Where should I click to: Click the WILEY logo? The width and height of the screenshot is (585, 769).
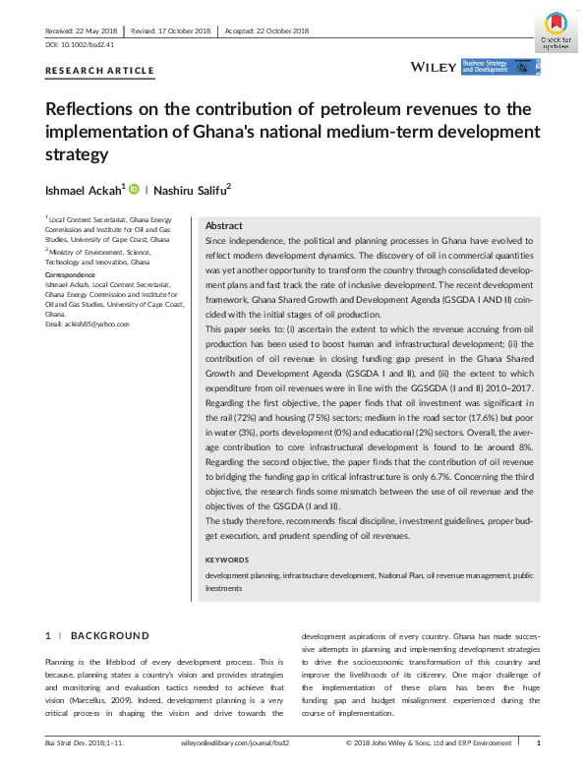point(433,67)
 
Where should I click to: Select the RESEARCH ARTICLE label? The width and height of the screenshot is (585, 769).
point(100,71)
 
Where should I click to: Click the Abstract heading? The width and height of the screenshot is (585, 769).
point(224,225)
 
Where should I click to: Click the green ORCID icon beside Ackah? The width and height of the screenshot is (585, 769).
point(133,188)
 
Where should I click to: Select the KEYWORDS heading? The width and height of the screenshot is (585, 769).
point(228,560)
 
